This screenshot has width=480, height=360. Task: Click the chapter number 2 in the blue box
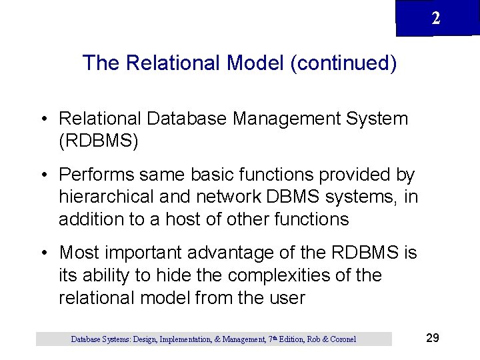[x=436, y=19]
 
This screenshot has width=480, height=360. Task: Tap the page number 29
[x=432, y=338]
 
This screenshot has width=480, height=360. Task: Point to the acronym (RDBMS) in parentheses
[x=98, y=141]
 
